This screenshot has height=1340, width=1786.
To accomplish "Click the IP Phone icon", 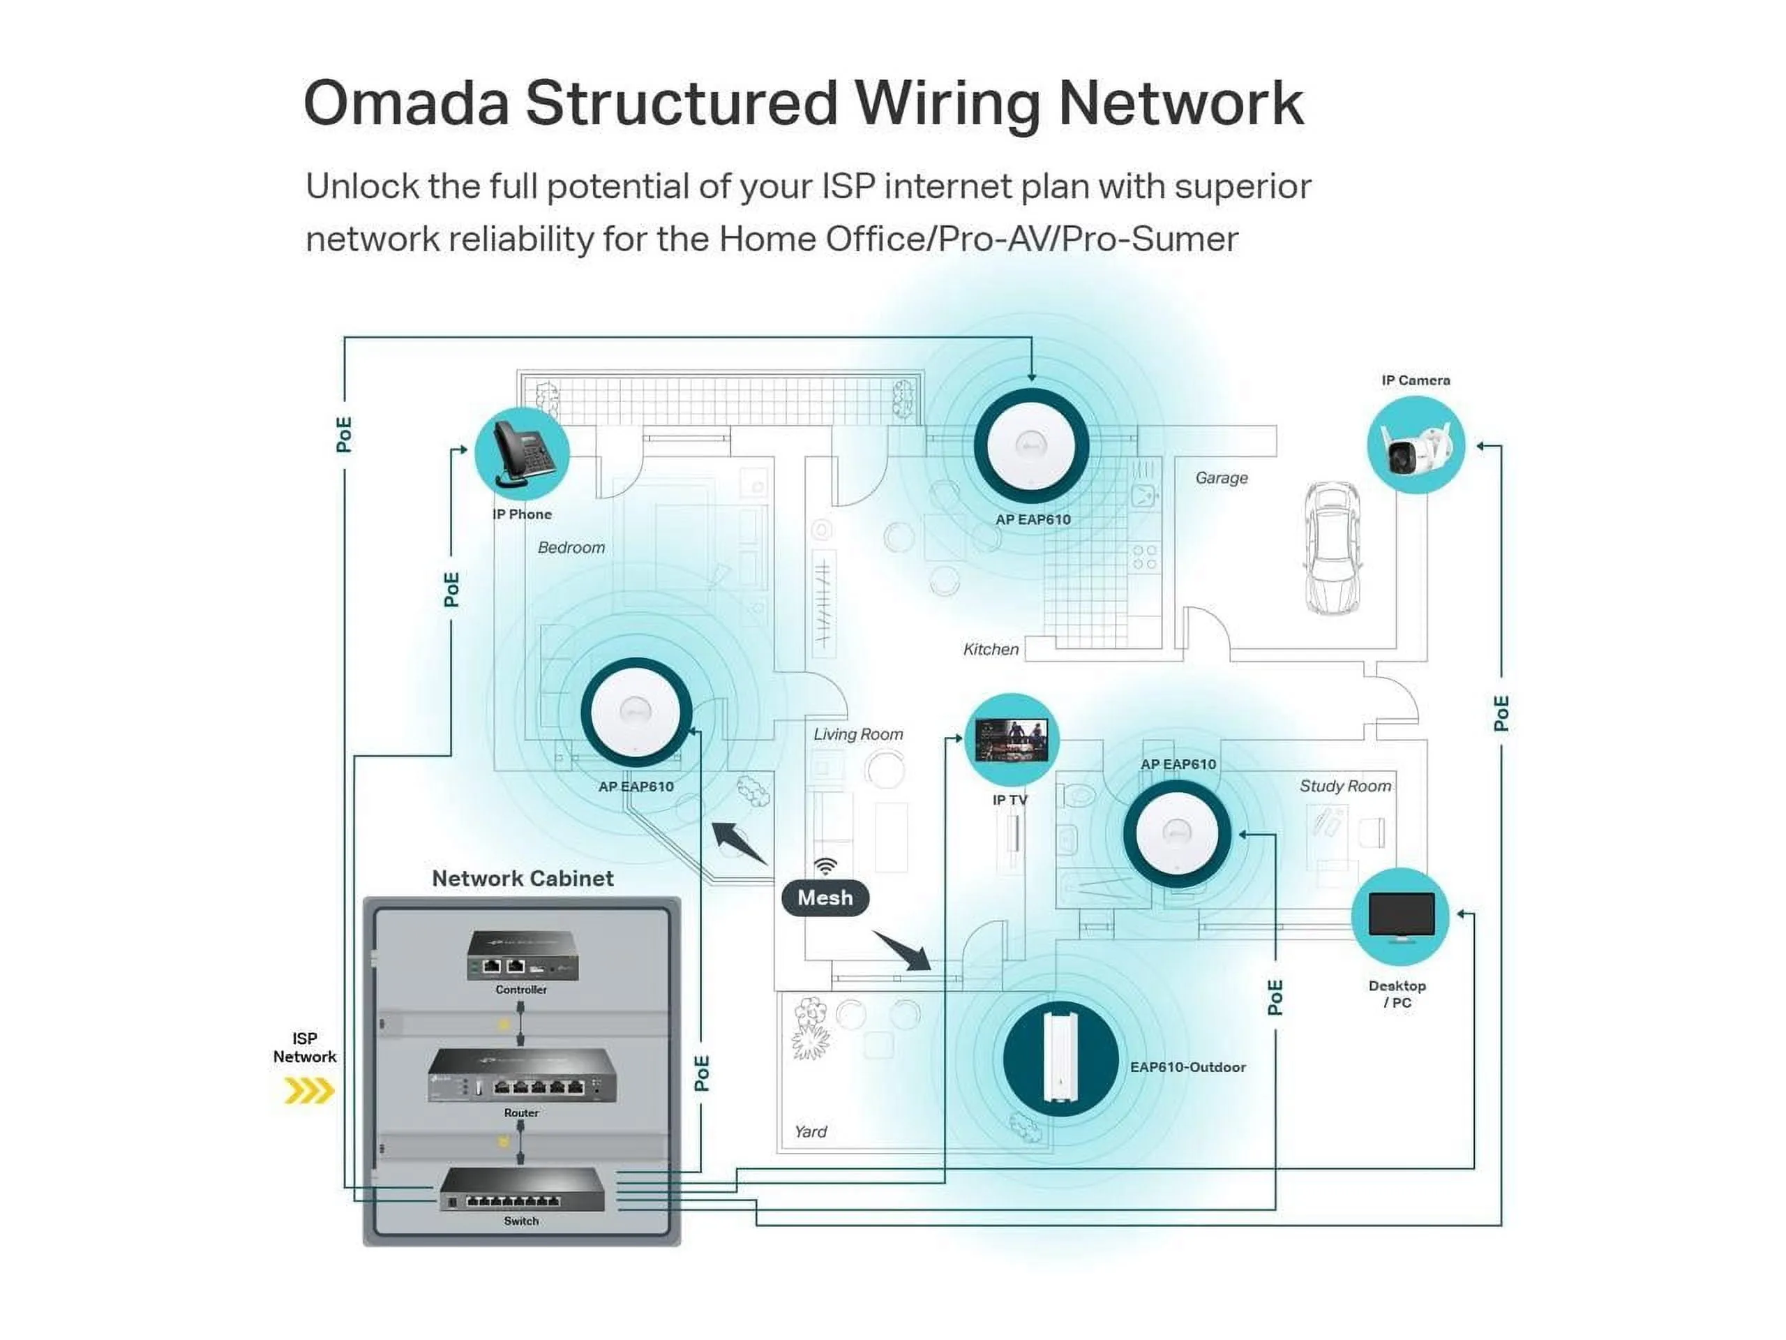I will pos(522,454).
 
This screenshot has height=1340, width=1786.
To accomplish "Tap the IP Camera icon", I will pos(1416,445).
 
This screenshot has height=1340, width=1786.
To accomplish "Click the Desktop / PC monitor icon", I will pos(1401,916).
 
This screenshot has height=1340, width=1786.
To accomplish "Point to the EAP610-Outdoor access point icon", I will pos(1060,1057).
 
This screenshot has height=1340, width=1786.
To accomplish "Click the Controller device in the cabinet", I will pos(523,955).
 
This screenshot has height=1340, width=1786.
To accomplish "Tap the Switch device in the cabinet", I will pos(522,1189).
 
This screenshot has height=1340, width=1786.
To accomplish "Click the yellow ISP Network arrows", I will pos(309,1092).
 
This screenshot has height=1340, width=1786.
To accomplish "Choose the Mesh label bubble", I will pos(825,898).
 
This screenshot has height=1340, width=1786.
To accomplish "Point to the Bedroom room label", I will pos(571,548).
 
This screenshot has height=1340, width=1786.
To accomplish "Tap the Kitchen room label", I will pos(991,649).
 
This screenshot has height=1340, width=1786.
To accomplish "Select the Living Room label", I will pos(857,734).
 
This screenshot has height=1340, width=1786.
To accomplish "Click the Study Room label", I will pos(1345,786).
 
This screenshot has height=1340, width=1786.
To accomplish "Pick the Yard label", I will pos(811,1131).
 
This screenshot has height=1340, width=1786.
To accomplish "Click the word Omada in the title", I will pos(406,103).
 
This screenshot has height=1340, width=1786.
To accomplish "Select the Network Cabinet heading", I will pos(523,878).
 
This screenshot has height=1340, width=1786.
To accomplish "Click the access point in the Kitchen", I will pos(1031,447).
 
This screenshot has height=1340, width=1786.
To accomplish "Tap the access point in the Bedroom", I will pos(636,713).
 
